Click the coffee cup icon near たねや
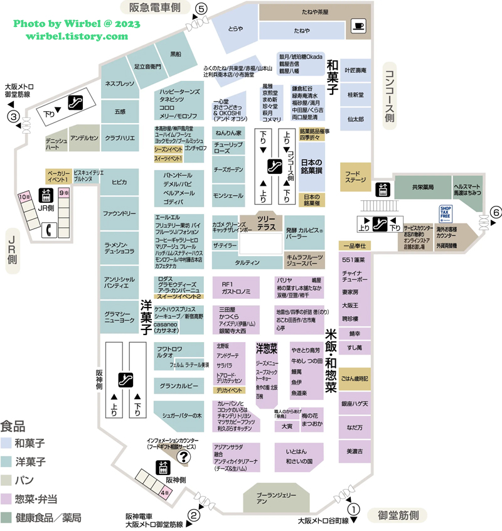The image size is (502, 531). click(x=358, y=26)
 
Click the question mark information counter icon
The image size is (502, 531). click(x=183, y=457)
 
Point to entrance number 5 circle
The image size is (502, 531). click(x=201, y=9)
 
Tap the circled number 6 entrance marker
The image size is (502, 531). click(x=495, y=212)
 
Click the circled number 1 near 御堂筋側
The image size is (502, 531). click(x=355, y=510)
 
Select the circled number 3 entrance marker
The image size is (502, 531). click(x=12, y=116)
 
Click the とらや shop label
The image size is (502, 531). click(x=236, y=29)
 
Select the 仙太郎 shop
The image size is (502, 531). click(x=355, y=118)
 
